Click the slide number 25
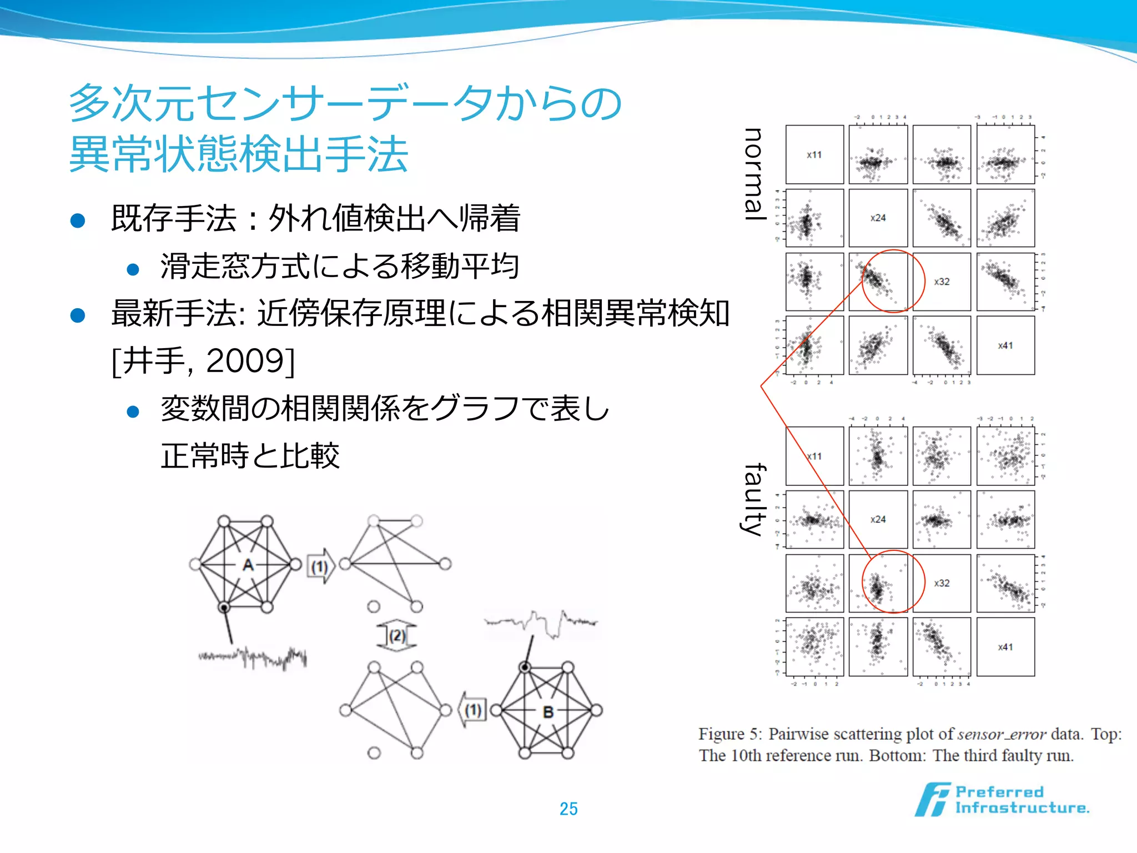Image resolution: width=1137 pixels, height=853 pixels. [568, 809]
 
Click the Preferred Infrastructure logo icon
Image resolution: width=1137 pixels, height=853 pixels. [932, 800]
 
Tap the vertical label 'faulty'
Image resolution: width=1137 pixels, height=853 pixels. [754, 500]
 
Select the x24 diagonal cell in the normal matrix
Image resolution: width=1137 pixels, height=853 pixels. [878, 218]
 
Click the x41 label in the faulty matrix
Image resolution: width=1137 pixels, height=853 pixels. [1005, 647]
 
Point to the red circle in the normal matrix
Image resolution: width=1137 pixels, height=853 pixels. [893, 281]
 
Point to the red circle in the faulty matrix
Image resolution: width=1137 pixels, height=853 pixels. [893, 582]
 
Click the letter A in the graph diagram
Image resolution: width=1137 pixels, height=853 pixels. [248, 565]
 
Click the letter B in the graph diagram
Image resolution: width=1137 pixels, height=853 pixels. [548, 711]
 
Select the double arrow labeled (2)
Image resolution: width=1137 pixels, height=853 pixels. [396, 635]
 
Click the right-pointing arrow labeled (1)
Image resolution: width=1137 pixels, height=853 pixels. [321, 566]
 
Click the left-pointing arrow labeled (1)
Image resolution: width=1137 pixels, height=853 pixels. [472, 710]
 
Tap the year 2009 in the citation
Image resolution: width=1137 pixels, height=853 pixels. [244, 361]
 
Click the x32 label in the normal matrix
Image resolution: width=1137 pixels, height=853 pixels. [942, 282]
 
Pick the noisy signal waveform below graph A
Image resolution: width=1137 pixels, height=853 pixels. [253, 658]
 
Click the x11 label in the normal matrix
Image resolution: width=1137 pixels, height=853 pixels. [814, 154]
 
